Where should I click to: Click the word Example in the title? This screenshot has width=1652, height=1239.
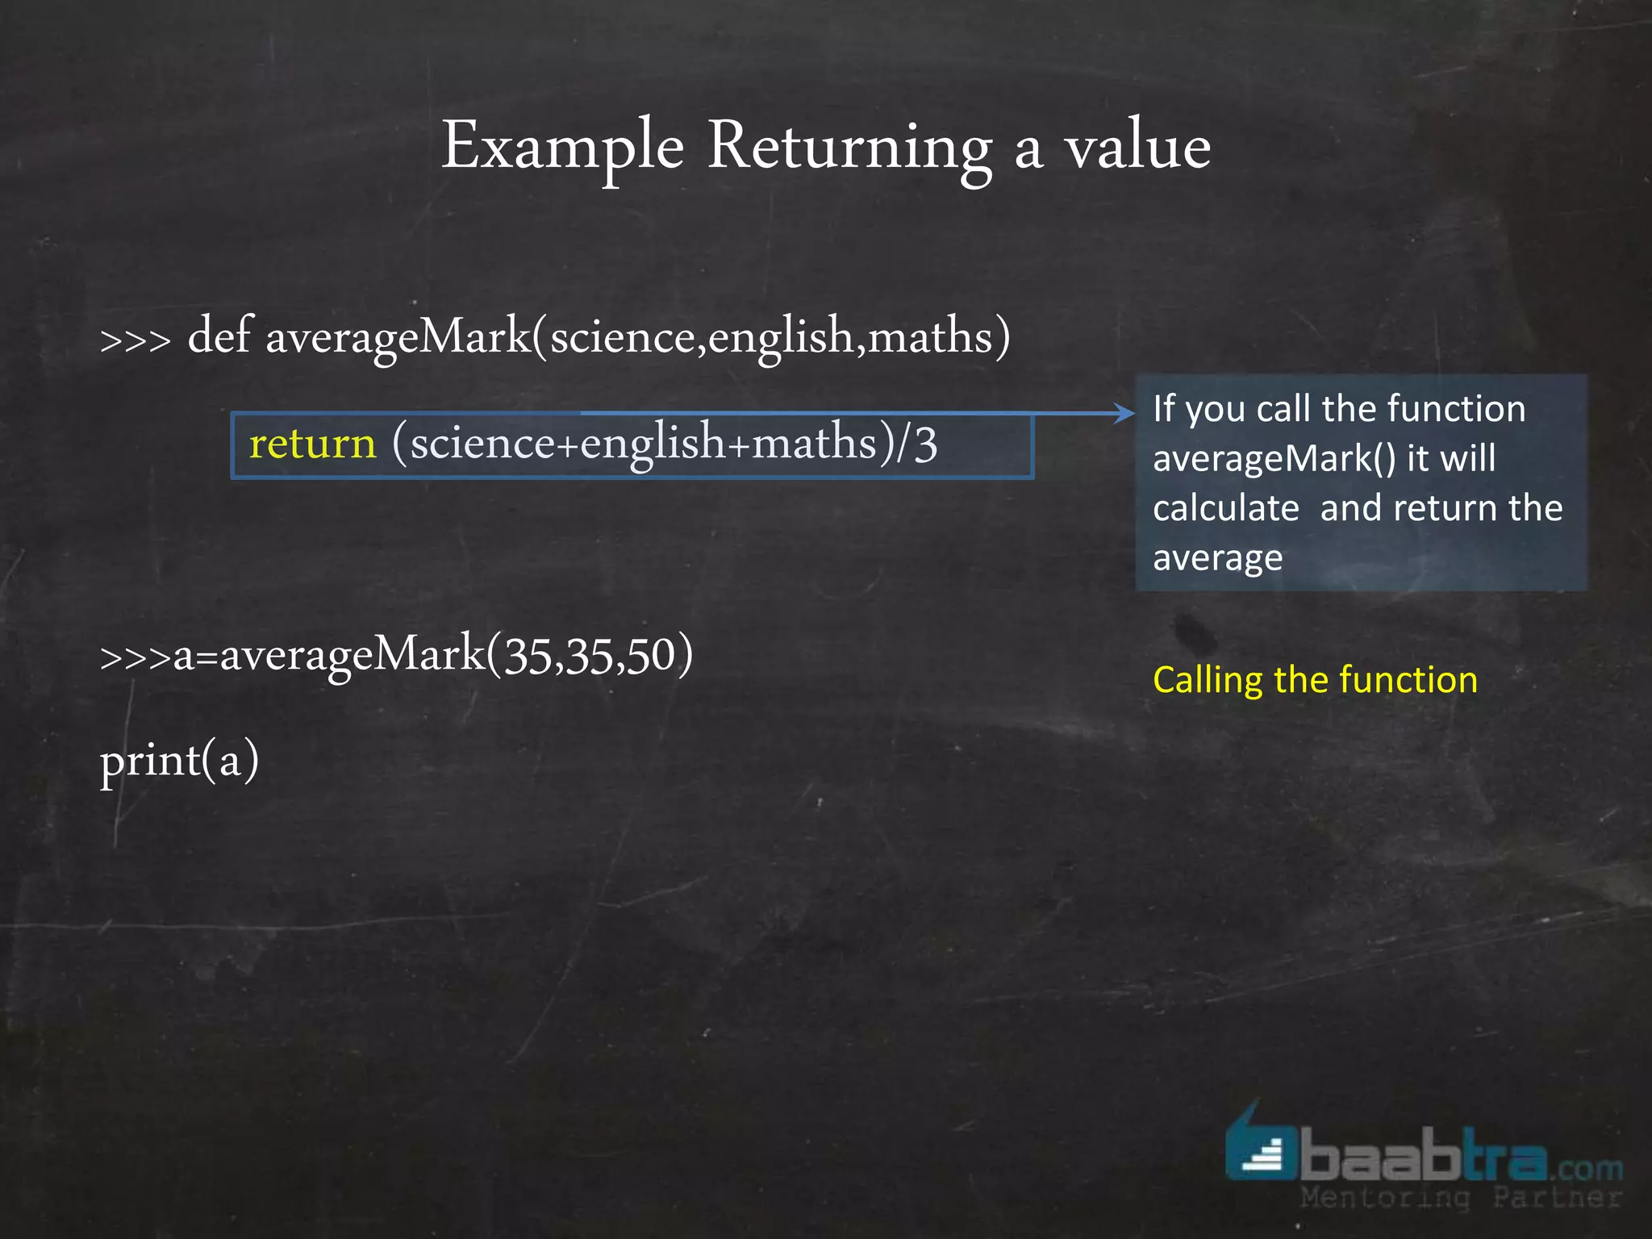point(562,148)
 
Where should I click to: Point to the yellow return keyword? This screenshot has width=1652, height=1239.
point(312,444)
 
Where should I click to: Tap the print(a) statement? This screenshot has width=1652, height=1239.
point(179,761)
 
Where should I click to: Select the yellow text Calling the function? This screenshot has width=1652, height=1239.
point(1315,680)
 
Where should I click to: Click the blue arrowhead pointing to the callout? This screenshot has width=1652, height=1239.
point(1125,413)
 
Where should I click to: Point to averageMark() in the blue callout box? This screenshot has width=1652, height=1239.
point(1274,459)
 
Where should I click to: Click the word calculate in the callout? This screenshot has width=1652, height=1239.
point(1226,508)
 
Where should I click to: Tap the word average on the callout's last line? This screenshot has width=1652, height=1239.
point(1217,558)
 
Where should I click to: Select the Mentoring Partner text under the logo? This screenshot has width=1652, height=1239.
point(1460,1198)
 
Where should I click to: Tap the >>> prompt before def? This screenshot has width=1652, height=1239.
point(136,340)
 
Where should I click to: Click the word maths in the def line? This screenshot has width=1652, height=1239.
point(930,337)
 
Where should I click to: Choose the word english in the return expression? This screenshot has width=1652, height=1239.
point(652,444)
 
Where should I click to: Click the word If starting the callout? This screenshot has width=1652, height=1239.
point(1162,408)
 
